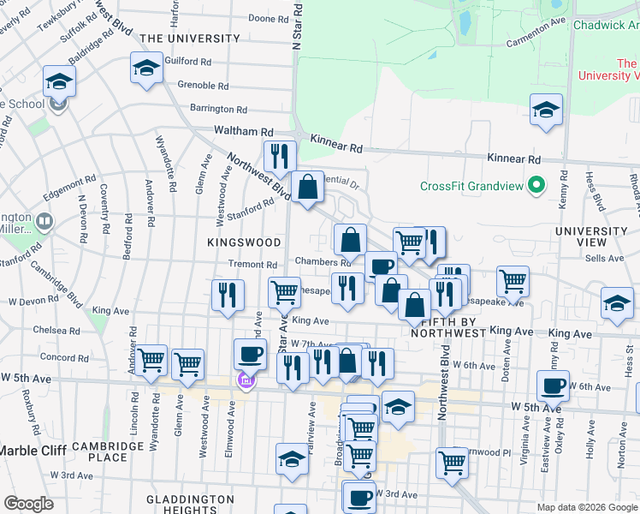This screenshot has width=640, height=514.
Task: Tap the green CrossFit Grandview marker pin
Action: [x=536, y=185]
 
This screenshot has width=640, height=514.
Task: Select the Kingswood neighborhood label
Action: [x=244, y=243]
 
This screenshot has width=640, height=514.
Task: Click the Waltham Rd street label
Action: [x=244, y=132]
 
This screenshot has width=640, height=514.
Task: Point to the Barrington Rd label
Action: [x=218, y=110]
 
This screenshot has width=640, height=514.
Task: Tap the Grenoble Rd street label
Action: [x=203, y=86]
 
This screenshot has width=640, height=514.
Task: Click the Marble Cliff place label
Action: [x=35, y=451]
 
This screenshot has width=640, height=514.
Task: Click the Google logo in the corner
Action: [x=28, y=504]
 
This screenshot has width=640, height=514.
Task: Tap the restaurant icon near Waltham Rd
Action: [x=280, y=156]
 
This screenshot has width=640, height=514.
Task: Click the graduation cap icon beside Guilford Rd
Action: [x=146, y=67]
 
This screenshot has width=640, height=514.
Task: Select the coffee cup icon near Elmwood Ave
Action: [x=251, y=353]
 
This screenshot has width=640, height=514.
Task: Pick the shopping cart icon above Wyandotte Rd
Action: [x=151, y=360]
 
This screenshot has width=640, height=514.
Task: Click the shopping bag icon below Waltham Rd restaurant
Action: [x=307, y=186]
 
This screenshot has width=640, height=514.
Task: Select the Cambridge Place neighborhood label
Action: [x=107, y=452]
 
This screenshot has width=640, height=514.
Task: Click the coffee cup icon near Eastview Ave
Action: [x=554, y=385]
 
